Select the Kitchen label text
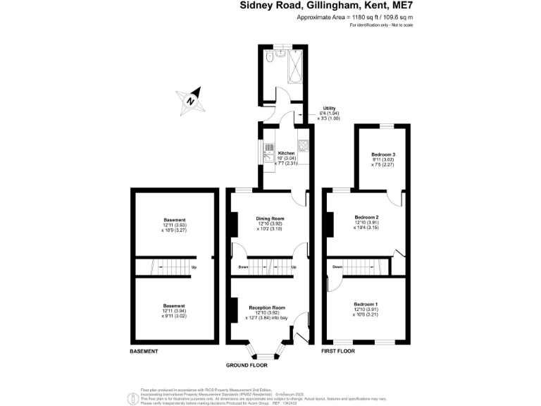pos(286,154)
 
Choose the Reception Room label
pos(267,308)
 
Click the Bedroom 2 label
pos(367,217)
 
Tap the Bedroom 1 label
pos(367,303)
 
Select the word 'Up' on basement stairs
pos(194,268)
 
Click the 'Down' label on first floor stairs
pos(337,267)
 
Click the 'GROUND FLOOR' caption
pos(246,366)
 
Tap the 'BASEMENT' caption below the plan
pos(144,351)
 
